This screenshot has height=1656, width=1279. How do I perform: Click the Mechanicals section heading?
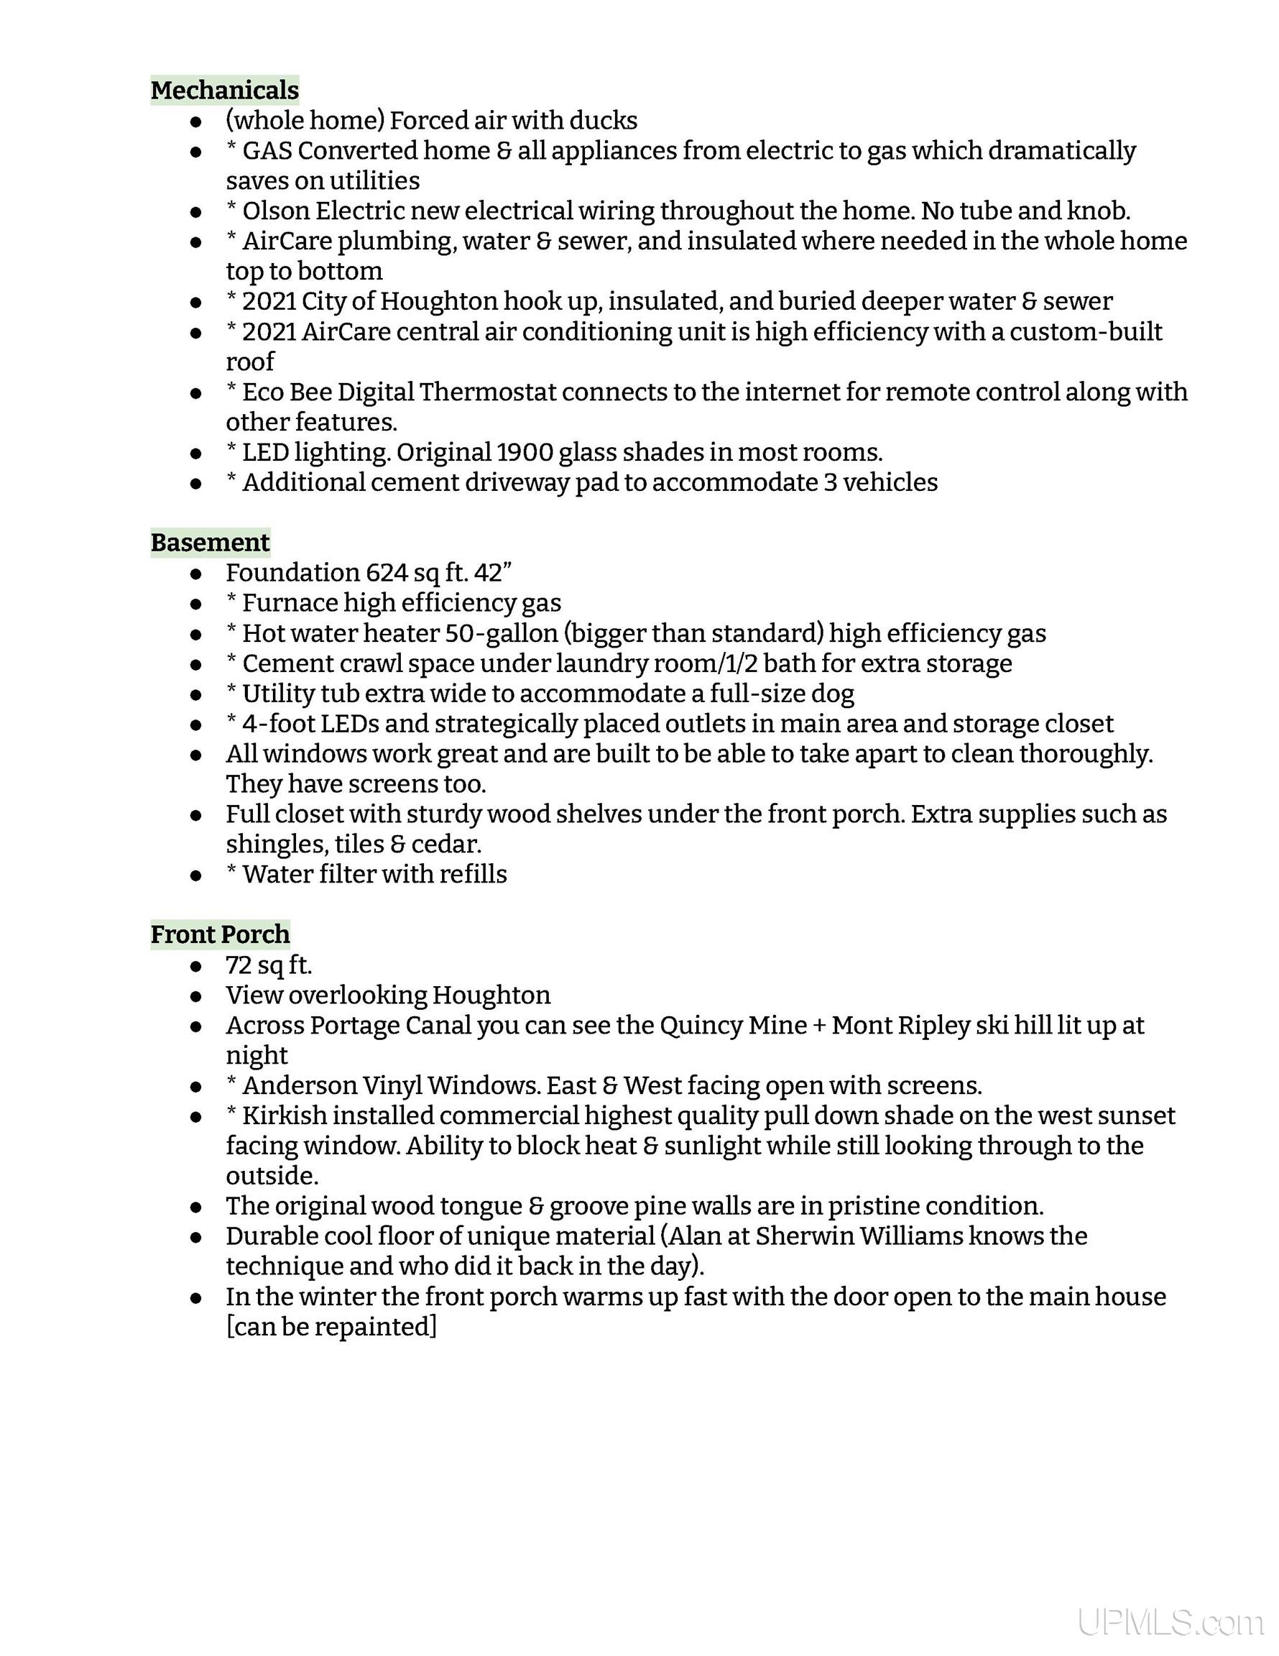224,91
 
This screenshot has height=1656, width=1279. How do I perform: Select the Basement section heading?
210,543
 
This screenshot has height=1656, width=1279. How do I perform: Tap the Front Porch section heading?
220,934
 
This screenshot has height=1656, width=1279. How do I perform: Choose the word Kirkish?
285,1116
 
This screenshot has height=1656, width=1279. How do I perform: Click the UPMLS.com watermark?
1169,1619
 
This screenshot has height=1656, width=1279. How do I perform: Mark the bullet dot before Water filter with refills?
196,875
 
